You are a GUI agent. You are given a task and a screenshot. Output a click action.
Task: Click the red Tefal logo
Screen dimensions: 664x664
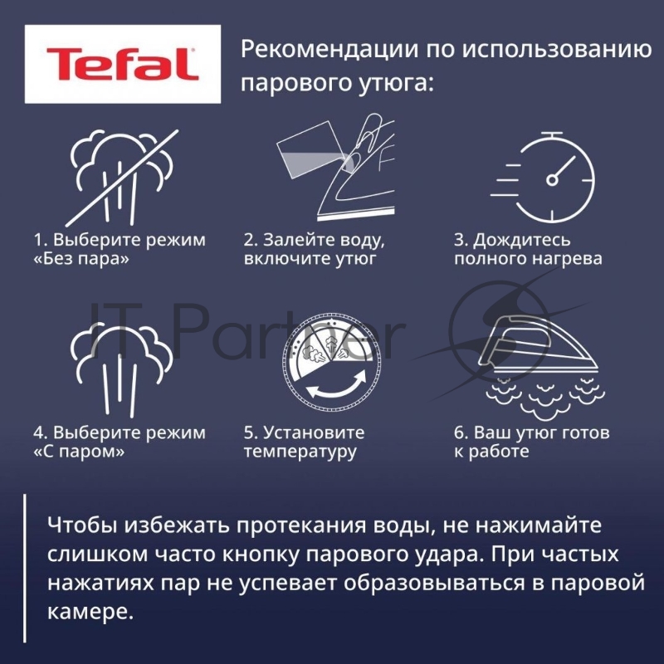[x=122, y=64]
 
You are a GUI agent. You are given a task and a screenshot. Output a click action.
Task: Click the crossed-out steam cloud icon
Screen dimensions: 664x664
[x=122, y=178]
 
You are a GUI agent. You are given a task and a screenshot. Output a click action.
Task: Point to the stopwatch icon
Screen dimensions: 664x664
[x=544, y=177]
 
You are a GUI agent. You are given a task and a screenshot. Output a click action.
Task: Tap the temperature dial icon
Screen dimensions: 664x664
[x=331, y=363]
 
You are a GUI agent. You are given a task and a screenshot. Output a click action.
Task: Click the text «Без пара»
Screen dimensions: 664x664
[x=81, y=259]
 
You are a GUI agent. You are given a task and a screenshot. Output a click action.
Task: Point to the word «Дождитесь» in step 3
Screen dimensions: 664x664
[x=522, y=240]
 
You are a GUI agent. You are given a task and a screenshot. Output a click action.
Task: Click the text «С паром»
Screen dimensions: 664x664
[x=79, y=452]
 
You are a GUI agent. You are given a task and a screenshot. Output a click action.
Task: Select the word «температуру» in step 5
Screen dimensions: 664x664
[x=300, y=452]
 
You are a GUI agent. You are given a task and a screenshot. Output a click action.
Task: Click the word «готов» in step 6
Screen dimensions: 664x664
[x=586, y=432]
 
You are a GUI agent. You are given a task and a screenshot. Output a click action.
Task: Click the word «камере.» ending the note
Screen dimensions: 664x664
[x=90, y=612]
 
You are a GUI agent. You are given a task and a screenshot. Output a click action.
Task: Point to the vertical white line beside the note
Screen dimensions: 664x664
[x=25, y=568]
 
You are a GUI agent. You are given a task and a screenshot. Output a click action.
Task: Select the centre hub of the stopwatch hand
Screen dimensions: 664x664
[x=552, y=180]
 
